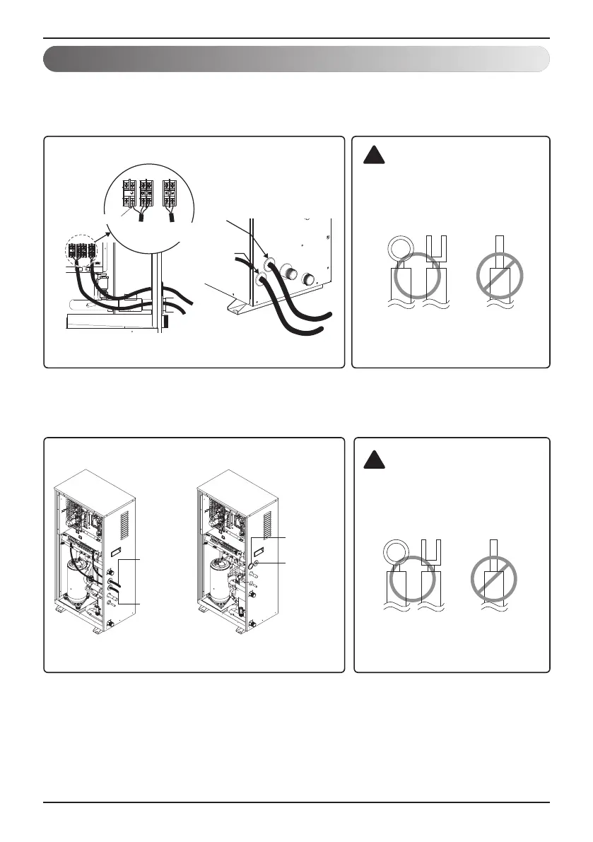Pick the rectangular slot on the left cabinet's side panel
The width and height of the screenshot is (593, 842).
pyautogui.click(x=119, y=549)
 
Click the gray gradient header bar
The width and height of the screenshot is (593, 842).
pyautogui.click(x=296, y=59)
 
